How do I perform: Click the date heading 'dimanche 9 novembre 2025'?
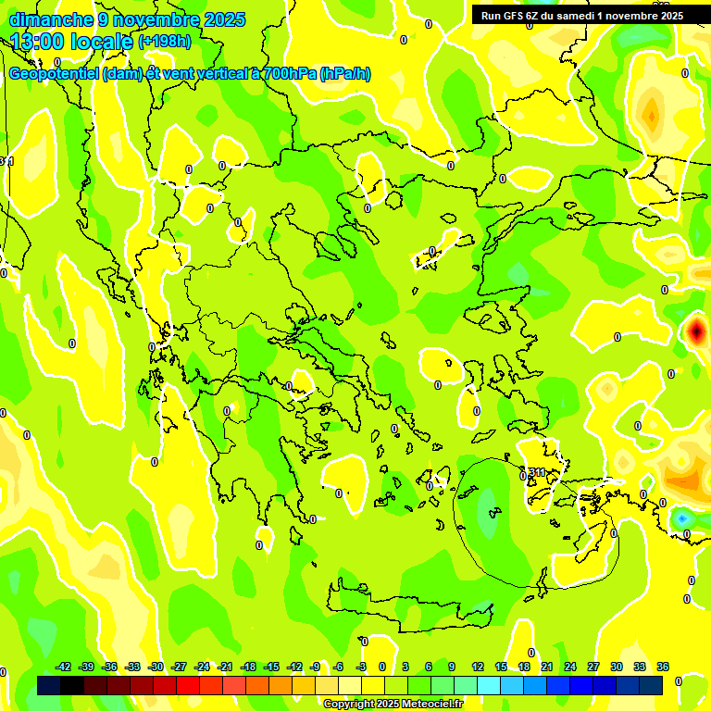click(127, 19)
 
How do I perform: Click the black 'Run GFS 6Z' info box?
click(581, 15)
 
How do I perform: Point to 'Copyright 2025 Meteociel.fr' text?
click(393, 705)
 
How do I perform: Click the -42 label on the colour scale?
click(63, 667)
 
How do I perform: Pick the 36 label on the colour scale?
click(662, 667)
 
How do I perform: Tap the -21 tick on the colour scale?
click(225, 667)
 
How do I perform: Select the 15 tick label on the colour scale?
click(500, 667)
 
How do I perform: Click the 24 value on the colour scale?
click(569, 667)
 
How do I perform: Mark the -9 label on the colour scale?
click(316, 667)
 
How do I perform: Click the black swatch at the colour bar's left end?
click(49, 685)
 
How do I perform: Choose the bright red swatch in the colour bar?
click(188, 685)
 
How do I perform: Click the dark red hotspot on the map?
click(695, 331)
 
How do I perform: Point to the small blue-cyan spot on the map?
click(682, 518)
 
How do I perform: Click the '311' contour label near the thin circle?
click(537, 473)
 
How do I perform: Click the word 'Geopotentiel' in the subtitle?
click(54, 74)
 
